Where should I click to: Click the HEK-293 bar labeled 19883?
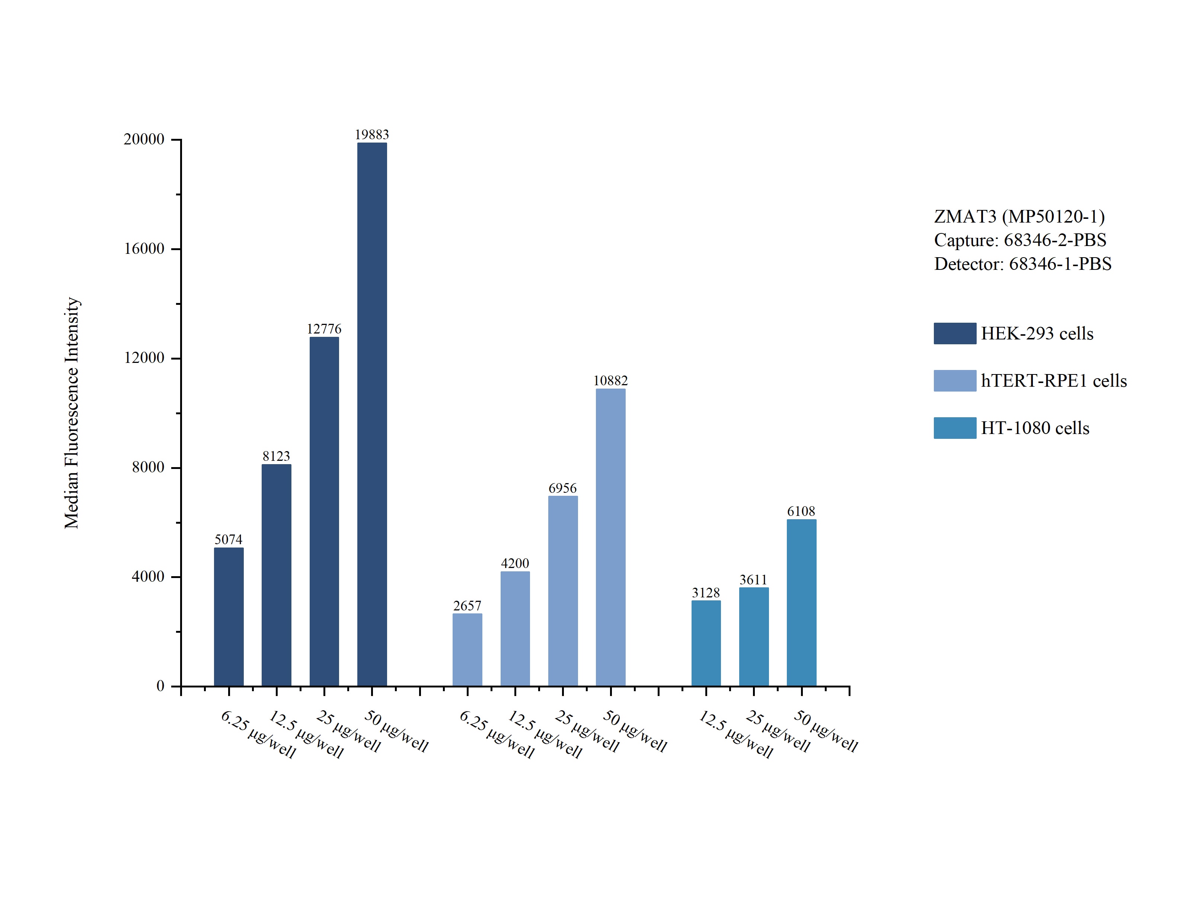click(x=372, y=414)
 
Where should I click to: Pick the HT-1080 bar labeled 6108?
click(x=801, y=603)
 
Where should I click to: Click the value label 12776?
click(x=324, y=329)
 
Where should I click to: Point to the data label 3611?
click(x=753, y=580)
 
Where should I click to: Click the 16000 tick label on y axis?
click(x=144, y=249)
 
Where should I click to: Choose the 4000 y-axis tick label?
click(x=148, y=576)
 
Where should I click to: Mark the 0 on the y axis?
click(x=160, y=686)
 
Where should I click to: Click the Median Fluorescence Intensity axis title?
click(x=72, y=413)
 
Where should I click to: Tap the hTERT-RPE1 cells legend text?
click(x=1054, y=380)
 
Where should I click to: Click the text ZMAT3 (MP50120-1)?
click(x=1019, y=217)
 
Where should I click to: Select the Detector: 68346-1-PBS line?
click(x=1022, y=264)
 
